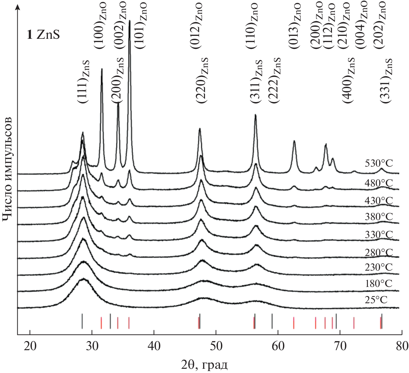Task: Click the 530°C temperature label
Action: (379, 163)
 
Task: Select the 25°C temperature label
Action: (376, 299)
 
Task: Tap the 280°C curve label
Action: (379, 252)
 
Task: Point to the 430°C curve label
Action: (379, 201)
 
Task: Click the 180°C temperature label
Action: (379, 283)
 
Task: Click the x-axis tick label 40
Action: (154, 346)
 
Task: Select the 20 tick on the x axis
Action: (30, 346)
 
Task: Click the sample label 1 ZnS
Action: (43, 35)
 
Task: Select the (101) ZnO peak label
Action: (141, 25)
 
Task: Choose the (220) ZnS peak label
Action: (202, 82)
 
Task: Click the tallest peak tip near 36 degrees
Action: (130, 21)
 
